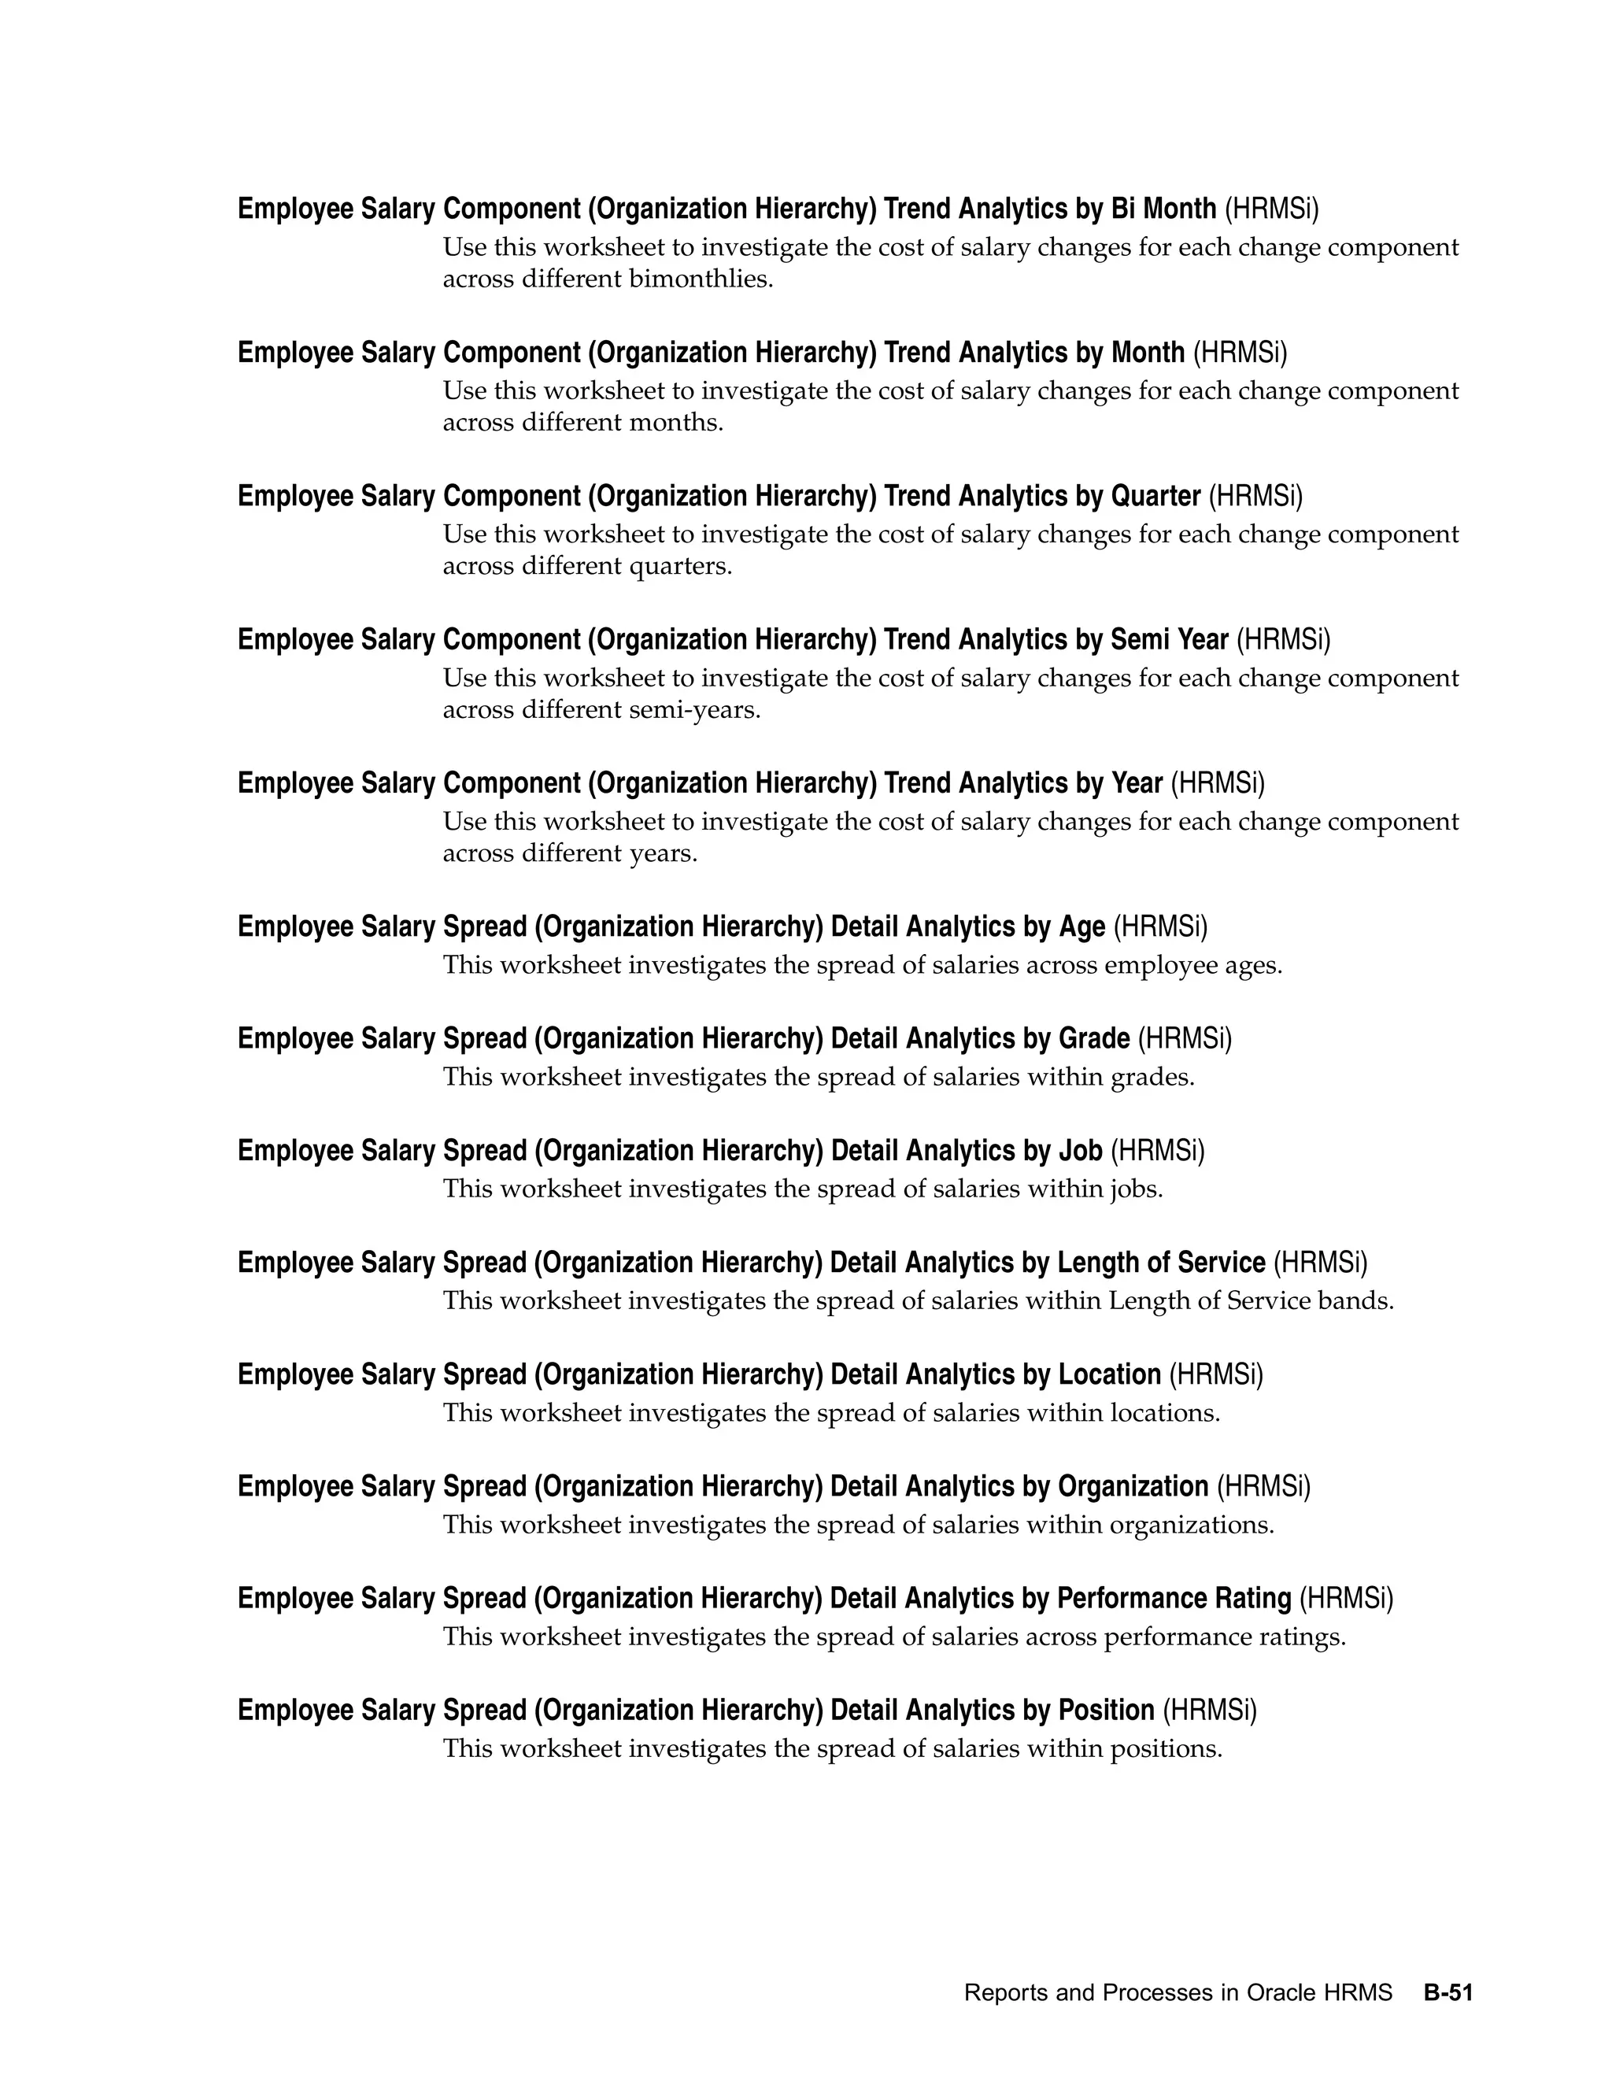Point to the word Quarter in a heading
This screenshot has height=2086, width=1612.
coord(1155,496)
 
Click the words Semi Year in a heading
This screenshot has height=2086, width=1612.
coord(1169,639)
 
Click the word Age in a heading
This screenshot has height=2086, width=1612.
coord(1082,926)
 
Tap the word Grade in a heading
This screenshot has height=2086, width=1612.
coord(1094,1038)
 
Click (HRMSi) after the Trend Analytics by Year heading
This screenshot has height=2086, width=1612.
coord(1218,783)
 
